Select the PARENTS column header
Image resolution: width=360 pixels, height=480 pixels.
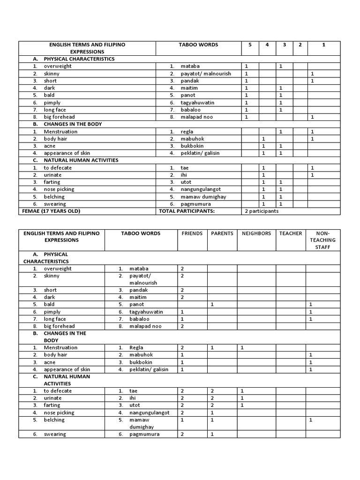pos(222,233)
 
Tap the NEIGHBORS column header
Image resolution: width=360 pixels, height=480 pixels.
pos(256,233)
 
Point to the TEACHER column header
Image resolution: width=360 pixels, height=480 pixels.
pos(291,233)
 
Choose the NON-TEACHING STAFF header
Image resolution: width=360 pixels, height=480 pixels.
pos(322,240)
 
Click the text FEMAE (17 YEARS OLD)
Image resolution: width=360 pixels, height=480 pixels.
pos(51,211)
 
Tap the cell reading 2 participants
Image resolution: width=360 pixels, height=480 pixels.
pos(262,211)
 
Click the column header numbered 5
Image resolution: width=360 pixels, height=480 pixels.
pos(250,45)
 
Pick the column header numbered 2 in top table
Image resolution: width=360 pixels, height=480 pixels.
pos(300,45)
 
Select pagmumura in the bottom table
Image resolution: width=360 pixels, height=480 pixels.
pos(144,434)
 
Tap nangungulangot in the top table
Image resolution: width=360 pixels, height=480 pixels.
pos(203,189)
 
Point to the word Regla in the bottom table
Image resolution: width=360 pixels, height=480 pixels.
pos(136,348)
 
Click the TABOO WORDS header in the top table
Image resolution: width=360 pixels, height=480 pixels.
pos(198,45)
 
